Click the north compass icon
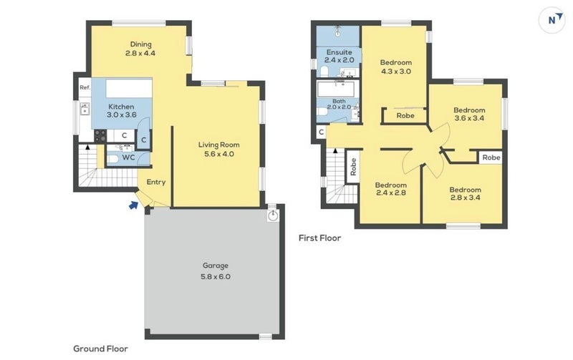pyautogui.click(x=552, y=20)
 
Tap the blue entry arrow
pyautogui.click(x=134, y=205)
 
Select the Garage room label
pyautogui.click(x=216, y=266)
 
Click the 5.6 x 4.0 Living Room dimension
pyautogui.click(x=219, y=154)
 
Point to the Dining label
pyautogui.click(x=140, y=44)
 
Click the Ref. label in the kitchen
pyautogui.click(x=85, y=87)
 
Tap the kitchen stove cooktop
pyautogui.click(x=100, y=136)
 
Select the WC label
pyautogui.click(x=128, y=157)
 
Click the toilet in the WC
pyautogui.click(x=112, y=158)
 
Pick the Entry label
pyautogui.click(x=156, y=182)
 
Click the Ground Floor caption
pyautogui.click(x=100, y=349)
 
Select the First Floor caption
pyautogui.click(x=319, y=238)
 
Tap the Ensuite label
pyautogui.click(x=339, y=52)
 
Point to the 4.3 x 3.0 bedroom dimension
pyautogui.click(x=396, y=72)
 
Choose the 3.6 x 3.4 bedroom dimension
pyautogui.click(x=469, y=118)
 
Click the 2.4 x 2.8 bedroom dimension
pyautogui.click(x=391, y=193)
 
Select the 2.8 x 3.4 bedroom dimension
pyautogui.click(x=465, y=198)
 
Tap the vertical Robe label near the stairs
pyautogui.click(x=353, y=167)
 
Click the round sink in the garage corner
pyautogui.click(x=273, y=215)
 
